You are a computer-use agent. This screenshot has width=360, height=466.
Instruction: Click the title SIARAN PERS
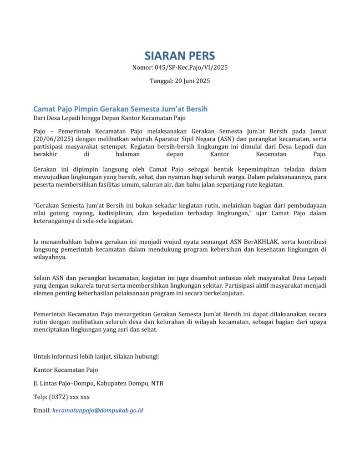coord(180,56)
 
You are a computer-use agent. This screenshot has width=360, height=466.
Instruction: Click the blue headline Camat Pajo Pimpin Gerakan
coord(120,109)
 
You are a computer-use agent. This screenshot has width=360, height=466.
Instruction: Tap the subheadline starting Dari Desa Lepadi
coord(109,118)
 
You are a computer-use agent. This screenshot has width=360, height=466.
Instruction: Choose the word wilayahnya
coord(50,257)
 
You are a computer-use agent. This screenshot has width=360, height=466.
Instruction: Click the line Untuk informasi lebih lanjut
coord(96,356)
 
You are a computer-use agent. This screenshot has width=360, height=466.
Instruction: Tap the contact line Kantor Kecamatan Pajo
coord(66,370)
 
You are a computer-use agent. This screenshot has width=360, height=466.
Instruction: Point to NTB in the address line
coord(157,384)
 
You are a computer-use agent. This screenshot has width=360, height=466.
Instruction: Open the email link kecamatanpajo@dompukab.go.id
coord(97,410)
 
